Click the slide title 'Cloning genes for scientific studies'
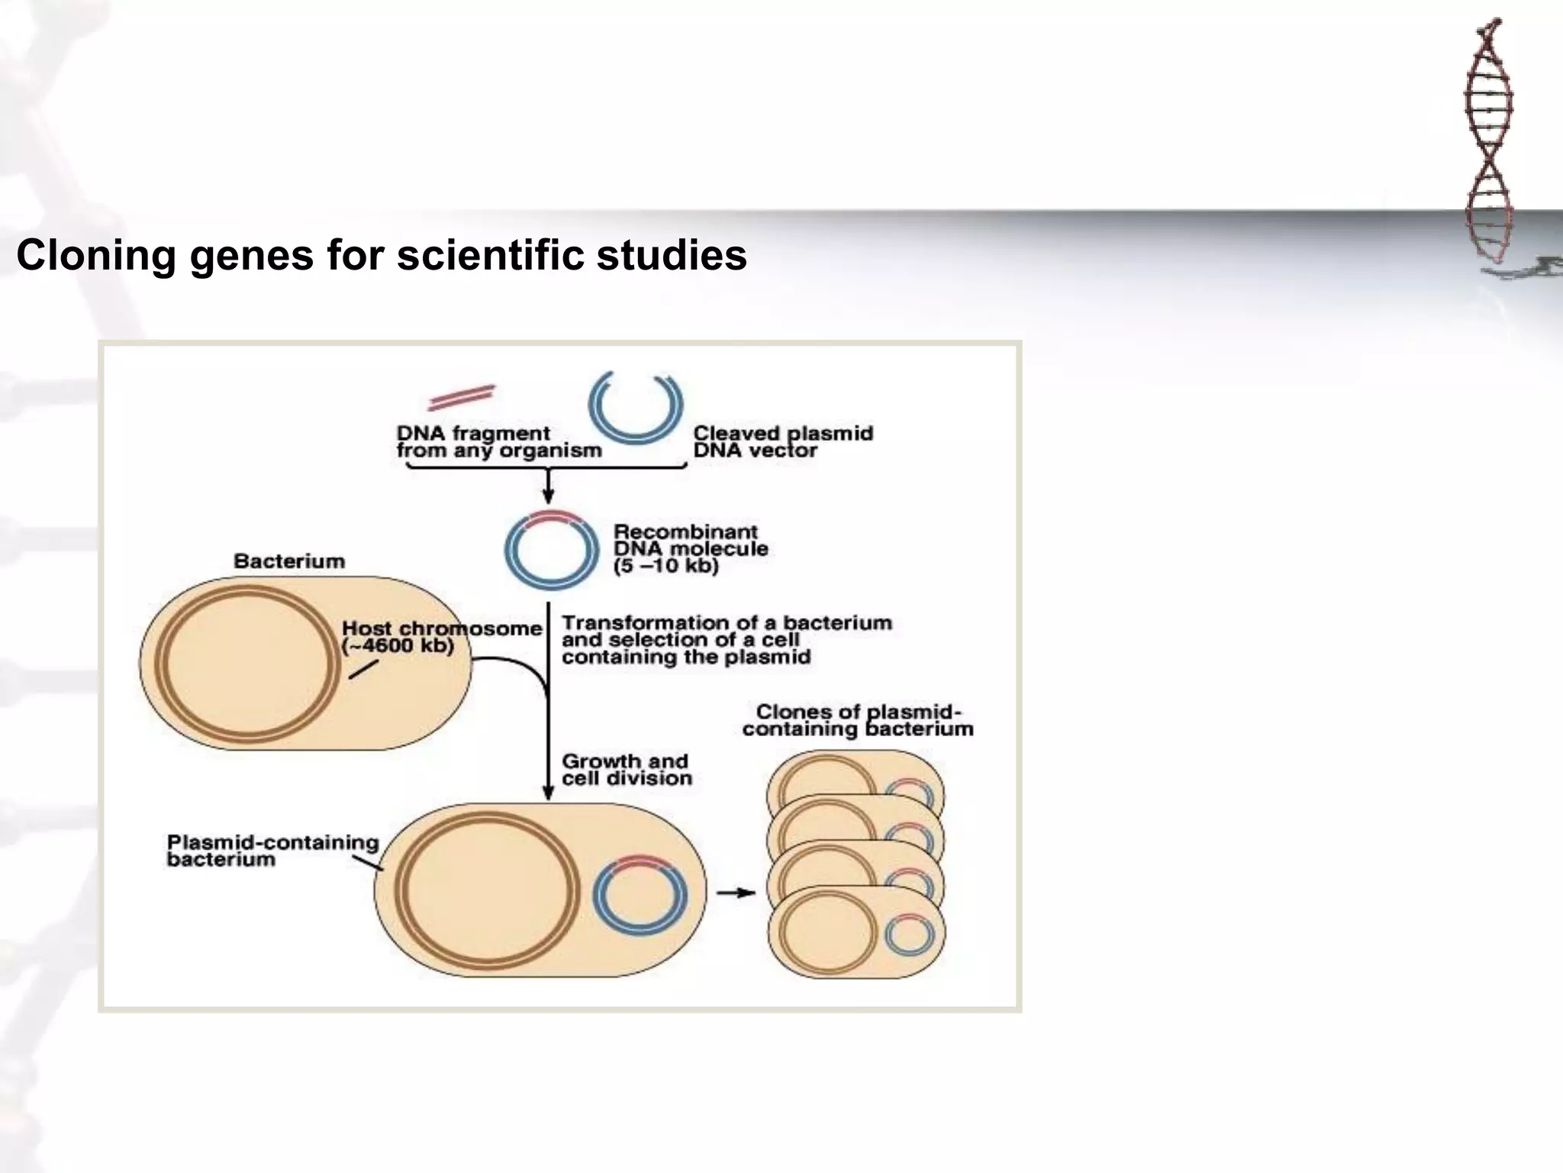point(382,255)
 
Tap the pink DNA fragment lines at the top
point(462,397)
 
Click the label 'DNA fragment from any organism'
point(498,442)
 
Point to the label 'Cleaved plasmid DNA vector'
point(782,442)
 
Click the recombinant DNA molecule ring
point(551,550)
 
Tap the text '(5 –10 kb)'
point(666,567)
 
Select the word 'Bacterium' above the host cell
point(289,561)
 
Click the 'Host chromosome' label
point(442,629)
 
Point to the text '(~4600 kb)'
point(398,646)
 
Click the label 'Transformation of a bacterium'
point(727,623)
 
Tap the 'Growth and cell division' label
point(627,770)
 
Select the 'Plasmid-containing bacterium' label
point(272,851)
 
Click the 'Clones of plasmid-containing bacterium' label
point(858,720)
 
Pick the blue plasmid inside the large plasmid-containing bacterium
point(640,896)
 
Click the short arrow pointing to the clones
point(735,893)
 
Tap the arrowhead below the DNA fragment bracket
point(548,498)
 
